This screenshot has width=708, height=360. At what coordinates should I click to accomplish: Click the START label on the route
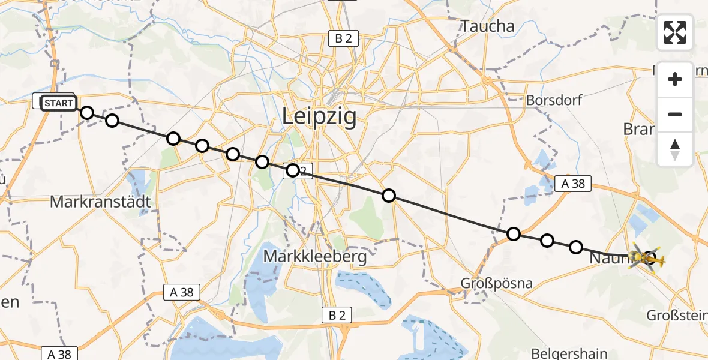tap(59, 103)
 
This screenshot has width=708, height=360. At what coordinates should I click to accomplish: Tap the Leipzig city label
tap(319, 117)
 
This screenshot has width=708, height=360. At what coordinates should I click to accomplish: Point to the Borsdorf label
tap(553, 100)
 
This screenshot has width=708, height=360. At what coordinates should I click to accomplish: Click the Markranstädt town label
tap(100, 202)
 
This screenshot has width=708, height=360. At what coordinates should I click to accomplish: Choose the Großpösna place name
tap(496, 283)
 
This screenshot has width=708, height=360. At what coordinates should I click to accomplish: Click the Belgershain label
tap(570, 353)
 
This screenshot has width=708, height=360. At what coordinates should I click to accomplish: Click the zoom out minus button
tap(675, 114)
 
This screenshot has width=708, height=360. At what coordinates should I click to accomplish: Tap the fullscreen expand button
tap(675, 32)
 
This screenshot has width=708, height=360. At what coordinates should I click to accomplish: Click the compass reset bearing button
tap(675, 149)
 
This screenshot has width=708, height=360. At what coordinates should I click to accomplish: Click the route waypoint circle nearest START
tap(88, 113)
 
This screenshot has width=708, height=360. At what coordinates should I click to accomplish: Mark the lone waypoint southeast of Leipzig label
tap(389, 195)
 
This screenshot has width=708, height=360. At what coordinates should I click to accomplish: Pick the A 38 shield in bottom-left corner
tap(59, 353)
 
